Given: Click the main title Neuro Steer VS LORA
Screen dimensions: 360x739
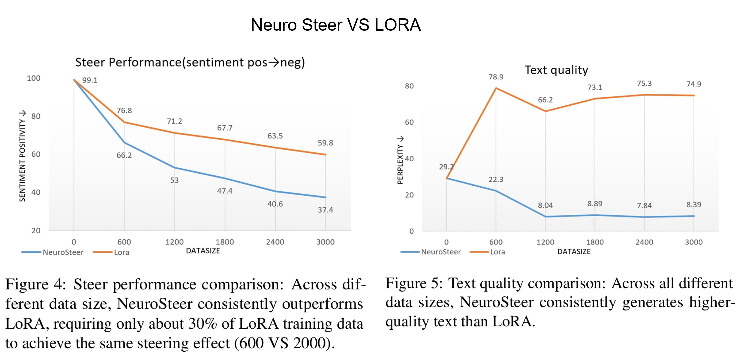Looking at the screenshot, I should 336,25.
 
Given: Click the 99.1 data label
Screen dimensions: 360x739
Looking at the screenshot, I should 90,80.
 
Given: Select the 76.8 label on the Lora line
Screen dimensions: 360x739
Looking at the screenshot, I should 124,111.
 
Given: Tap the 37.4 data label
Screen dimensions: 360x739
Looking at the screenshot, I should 325,210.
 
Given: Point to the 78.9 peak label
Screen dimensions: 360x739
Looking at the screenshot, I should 496,77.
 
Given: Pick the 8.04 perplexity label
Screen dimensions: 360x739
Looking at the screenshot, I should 545,205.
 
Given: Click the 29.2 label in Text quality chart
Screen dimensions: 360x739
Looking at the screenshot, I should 446,167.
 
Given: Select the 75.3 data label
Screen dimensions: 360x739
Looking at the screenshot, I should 644,83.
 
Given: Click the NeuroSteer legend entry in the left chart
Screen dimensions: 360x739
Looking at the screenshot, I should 63,252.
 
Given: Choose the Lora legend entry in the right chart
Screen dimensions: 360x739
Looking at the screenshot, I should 497,252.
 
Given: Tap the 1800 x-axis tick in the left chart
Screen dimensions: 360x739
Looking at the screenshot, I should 225,242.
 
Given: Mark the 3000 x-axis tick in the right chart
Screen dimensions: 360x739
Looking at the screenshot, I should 693,242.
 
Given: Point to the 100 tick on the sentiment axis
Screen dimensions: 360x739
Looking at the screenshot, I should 34,78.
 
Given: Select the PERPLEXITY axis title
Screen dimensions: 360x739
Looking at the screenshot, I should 400,160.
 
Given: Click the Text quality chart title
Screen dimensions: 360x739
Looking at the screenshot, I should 556,70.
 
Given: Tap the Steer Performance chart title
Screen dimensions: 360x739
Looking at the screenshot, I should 190,62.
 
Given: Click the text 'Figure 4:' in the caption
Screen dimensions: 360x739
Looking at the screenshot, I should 36,284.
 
